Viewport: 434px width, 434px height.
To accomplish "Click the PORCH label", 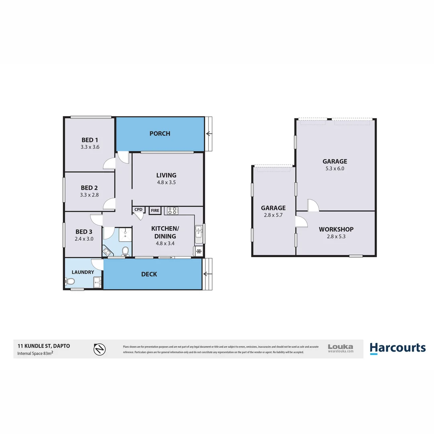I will [160, 133].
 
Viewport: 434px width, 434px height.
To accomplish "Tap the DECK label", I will [149, 274].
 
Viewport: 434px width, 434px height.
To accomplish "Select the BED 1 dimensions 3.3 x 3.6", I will [90, 147].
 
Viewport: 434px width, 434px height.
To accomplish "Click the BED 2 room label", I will [89, 188].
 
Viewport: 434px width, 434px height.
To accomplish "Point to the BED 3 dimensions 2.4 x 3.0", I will [84, 239].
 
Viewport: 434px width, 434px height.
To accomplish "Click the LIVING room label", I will [166, 175].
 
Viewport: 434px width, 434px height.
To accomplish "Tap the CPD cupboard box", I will [138, 210].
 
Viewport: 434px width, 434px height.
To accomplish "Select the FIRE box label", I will [155, 210].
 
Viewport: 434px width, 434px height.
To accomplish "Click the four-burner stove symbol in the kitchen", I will [173, 210].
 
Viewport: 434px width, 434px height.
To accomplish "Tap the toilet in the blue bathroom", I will [125, 251].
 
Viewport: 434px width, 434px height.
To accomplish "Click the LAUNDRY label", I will [83, 272].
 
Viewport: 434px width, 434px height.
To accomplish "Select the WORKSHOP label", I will [336, 229].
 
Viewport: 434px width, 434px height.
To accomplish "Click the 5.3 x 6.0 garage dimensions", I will [335, 169].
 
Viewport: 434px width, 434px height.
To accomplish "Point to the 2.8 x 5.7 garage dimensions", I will [273, 215].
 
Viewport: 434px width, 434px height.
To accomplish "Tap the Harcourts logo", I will [397, 348].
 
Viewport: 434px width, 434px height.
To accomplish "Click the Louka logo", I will [340, 348].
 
